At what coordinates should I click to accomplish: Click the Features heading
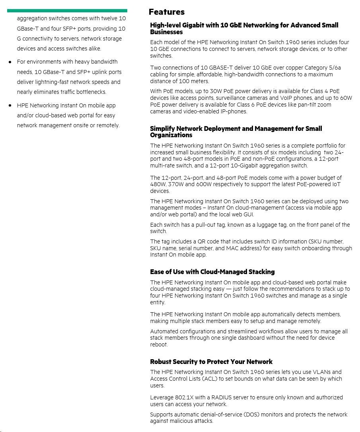166,12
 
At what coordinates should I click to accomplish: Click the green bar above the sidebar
67,11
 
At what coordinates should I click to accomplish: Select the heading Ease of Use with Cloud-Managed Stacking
212,272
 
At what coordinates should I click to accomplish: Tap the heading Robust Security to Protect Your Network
211,362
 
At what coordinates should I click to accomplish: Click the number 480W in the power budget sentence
158,185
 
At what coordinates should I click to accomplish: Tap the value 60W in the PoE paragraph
345,98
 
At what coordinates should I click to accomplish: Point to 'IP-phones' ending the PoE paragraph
235,112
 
